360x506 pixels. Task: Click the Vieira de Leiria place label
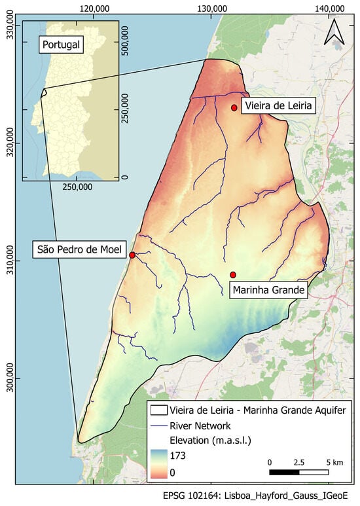tap(278, 105)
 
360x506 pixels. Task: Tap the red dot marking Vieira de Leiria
tap(234, 107)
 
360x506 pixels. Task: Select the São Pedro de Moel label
tap(79, 249)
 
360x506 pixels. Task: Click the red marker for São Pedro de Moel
tap(132, 255)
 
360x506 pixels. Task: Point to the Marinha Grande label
tap(268, 289)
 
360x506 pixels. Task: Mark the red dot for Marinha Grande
tap(233, 275)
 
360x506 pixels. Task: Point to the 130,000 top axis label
tap(212, 8)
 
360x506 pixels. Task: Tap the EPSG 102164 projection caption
tap(260, 495)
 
